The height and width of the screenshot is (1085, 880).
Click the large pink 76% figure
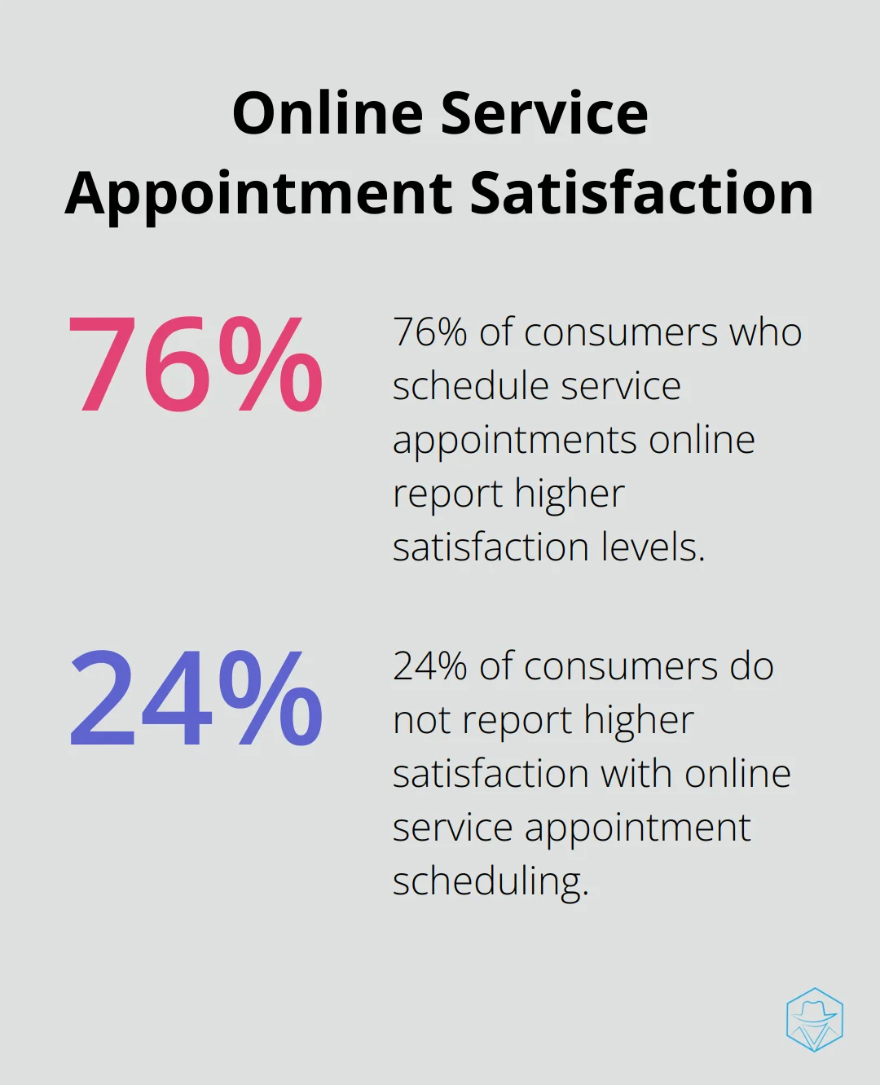(196, 365)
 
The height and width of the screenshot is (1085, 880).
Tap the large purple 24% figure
(196, 699)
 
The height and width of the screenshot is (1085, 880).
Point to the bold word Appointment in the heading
(259, 194)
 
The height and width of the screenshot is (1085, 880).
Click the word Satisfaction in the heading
(642, 194)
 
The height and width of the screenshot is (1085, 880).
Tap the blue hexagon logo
(814, 1019)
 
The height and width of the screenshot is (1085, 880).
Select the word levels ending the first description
(653, 547)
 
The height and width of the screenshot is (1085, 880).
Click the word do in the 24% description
(751, 666)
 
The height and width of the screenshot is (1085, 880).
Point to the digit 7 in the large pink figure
(102, 365)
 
